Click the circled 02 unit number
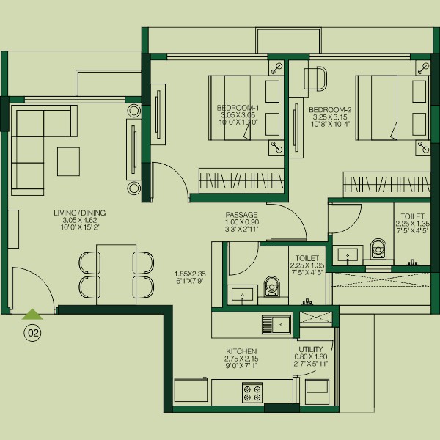[x=33, y=333]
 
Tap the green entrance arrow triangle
[x=32, y=315]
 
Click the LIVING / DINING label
[x=80, y=213]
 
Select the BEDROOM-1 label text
[x=238, y=108]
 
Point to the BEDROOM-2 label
[x=330, y=110]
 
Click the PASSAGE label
[x=241, y=215]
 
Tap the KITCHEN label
[x=241, y=351]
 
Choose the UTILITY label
[x=311, y=349]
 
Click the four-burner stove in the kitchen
[x=252, y=393]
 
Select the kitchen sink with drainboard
[x=276, y=325]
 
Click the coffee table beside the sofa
[x=68, y=161]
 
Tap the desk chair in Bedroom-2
[x=317, y=79]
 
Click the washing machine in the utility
[x=318, y=392]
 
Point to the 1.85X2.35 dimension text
[x=190, y=274]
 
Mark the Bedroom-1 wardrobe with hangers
[x=241, y=180]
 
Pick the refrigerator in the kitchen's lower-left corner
[x=191, y=392]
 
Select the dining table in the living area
[x=116, y=274]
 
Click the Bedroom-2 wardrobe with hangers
[x=386, y=185]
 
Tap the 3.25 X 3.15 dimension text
[x=330, y=117]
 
